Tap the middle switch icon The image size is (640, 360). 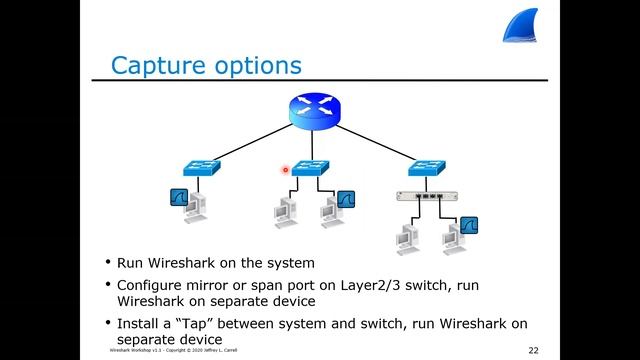[x=312, y=169]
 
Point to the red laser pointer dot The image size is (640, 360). [x=285, y=170]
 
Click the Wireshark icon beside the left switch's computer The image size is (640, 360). [x=179, y=198]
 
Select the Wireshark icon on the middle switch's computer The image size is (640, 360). [x=346, y=198]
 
